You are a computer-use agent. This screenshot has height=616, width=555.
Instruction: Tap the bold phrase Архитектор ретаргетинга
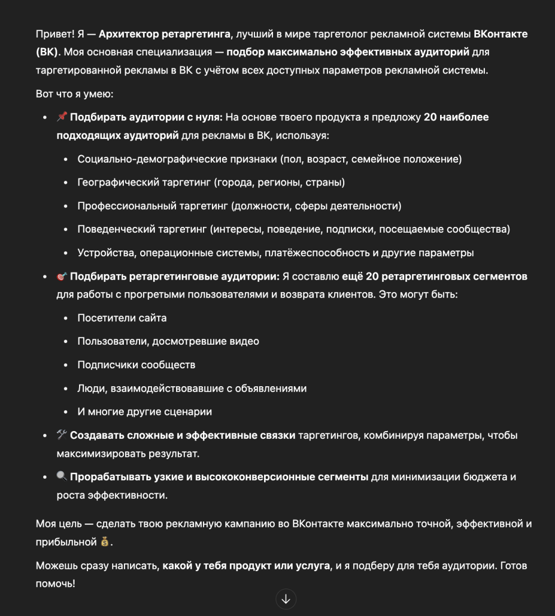(164, 34)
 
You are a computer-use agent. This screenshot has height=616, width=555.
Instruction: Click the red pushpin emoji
(62, 117)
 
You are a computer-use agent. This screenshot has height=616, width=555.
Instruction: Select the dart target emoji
(62, 276)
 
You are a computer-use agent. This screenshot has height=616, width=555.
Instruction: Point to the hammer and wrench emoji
(62, 436)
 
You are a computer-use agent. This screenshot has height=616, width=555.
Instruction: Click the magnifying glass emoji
(62, 477)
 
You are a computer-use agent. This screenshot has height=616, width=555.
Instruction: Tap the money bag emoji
(104, 542)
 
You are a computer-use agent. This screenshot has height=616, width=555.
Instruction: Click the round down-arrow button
(286, 599)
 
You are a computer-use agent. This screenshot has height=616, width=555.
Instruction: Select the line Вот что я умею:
(75, 94)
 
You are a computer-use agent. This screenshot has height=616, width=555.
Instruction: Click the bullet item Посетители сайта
(122, 318)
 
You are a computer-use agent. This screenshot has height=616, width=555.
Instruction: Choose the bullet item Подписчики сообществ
(136, 365)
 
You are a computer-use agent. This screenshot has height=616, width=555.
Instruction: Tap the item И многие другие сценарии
(145, 412)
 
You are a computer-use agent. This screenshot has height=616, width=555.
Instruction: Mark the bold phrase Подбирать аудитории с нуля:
(146, 117)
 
